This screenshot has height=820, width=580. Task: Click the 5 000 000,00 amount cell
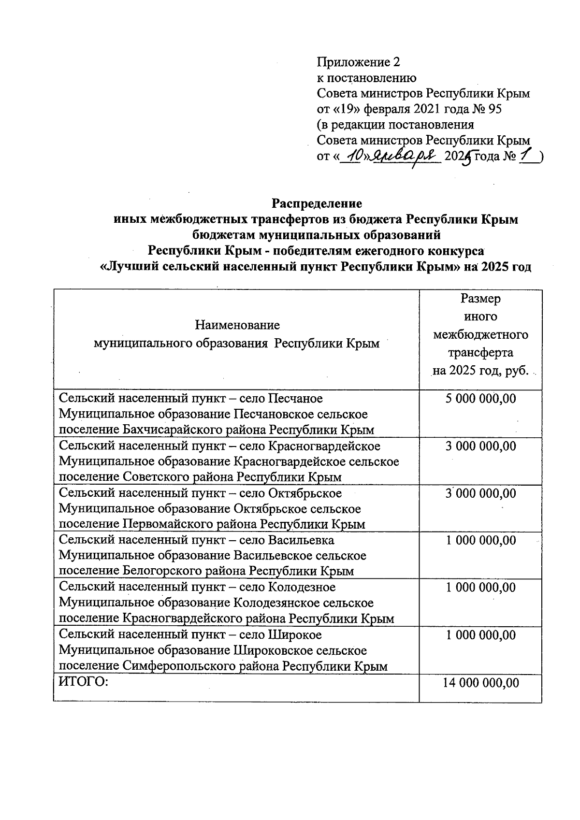tap(480, 399)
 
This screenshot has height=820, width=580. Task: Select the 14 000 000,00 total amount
tap(480, 682)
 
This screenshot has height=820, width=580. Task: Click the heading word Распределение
tap(317, 203)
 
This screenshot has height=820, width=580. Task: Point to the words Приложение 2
tap(359, 62)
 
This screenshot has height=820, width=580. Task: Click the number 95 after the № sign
tap(495, 109)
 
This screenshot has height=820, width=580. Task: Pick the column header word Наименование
tap(237, 325)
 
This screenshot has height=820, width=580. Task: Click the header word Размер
tap(480, 299)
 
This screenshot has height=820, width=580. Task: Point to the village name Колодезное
tap(302, 588)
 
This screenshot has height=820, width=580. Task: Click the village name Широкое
tap(294, 635)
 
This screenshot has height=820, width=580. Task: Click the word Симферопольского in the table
tap(178, 666)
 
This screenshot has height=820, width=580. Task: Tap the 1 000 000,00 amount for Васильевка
tap(480, 540)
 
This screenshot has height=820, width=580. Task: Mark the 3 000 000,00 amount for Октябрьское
tap(480, 493)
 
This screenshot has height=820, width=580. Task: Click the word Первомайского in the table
tap(168, 524)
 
